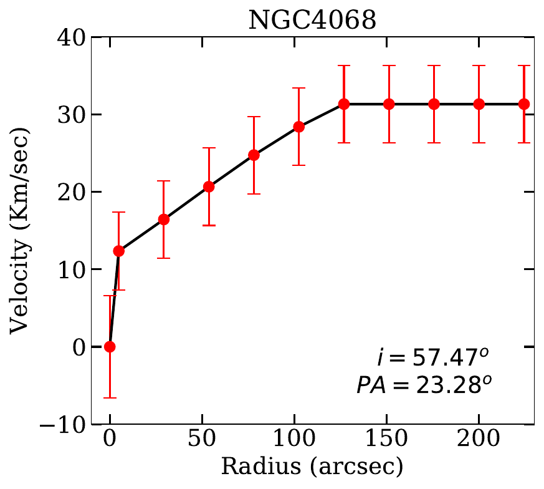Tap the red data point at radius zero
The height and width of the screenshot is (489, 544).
(110, 347)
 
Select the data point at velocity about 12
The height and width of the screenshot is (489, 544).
(118, 251)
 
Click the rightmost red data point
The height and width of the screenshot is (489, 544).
(524, 104)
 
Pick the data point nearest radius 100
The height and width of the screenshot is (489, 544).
(298, 127)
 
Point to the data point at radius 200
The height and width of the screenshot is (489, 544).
(479, 104)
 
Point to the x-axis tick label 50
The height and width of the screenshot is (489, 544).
(202, 442)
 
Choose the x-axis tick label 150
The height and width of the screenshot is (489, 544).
(387, 442)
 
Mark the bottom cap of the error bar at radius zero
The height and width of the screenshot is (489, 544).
(110, 398)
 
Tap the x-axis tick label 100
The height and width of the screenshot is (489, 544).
(294, 442)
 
